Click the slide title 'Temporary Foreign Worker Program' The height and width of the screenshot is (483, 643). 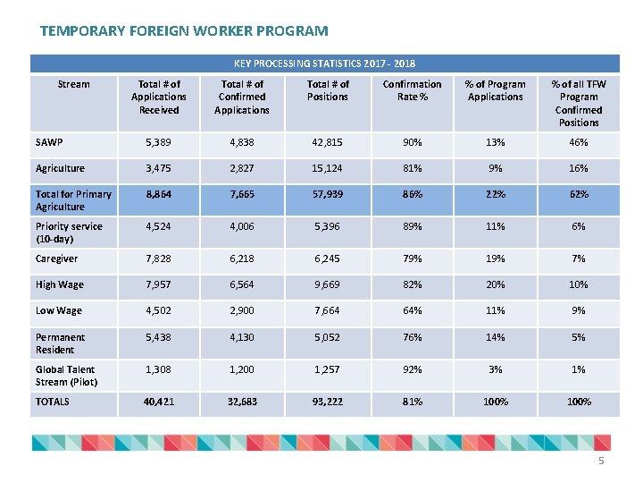pos(184,30)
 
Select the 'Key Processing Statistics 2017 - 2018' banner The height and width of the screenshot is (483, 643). pos(324,64)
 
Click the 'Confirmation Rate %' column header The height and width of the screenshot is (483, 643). pos(412,90)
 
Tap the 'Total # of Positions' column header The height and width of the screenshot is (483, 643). pos(328,90)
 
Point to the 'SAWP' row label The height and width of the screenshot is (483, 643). pos(49,143)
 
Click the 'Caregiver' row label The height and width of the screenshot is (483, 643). pos(56,258)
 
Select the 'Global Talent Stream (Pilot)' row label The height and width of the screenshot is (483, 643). pos(66,376)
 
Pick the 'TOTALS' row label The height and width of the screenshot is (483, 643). pos(53,402)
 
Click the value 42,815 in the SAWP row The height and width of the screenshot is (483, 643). pos(328,143)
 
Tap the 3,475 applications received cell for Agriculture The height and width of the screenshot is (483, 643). pos(159,168)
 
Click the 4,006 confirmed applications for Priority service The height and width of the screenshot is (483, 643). pos(242,226)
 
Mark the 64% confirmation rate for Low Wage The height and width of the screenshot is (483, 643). pos(412,310)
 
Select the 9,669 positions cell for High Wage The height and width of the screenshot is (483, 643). pos(328,284)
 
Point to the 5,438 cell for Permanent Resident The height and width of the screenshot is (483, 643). pos(159,337)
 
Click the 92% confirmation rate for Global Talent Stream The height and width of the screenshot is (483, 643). pos(412,369)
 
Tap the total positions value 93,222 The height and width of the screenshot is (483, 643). pos(328,402)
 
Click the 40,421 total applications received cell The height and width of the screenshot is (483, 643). pos(159,402)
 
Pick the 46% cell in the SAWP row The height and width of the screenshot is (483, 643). pos(579,143)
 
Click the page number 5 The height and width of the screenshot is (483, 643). pos(601,462)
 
